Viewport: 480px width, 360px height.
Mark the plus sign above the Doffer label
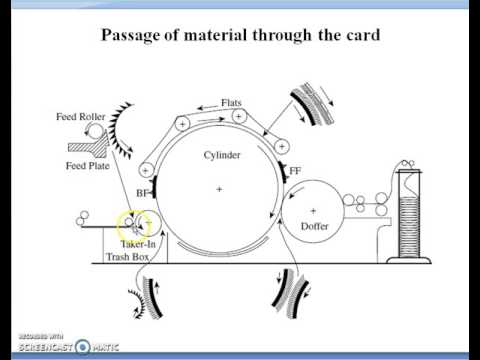click(x=313, y=211)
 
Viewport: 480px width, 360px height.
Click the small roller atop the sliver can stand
click(x=406, y=163)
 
